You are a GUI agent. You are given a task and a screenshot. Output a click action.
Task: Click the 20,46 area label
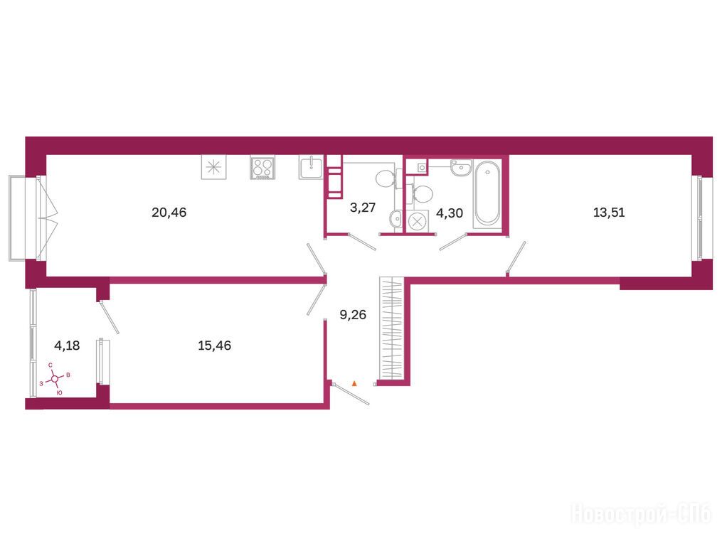(169, 213)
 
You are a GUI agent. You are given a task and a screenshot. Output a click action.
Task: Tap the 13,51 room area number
(609, 213)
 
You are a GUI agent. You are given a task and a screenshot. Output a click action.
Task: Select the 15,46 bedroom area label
(215, 346)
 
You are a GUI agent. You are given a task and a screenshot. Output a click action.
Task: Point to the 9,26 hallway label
(353, 315)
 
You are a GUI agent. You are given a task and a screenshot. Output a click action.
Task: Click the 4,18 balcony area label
(68, 346)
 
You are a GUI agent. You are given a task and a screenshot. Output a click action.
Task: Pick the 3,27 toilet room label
(363, 208)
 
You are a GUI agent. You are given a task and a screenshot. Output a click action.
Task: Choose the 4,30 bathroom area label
(450, 213)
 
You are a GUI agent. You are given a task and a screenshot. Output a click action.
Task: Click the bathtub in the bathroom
(487, 193)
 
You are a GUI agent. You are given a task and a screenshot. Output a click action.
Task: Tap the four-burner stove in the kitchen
(262, 167)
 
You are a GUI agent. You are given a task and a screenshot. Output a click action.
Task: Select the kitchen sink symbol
(312, 166)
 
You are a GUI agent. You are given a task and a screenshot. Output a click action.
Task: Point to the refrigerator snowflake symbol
(213, 167)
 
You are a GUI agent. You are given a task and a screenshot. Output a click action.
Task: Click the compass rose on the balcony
(55, 379)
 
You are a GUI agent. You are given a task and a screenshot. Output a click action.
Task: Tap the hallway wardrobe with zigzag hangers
(391, 328)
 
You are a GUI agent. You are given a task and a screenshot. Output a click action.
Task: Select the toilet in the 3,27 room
(386, 178)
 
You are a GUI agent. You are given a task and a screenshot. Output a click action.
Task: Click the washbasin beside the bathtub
(461, 168)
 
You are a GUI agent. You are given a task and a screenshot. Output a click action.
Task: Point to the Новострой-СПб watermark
(641, 513)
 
